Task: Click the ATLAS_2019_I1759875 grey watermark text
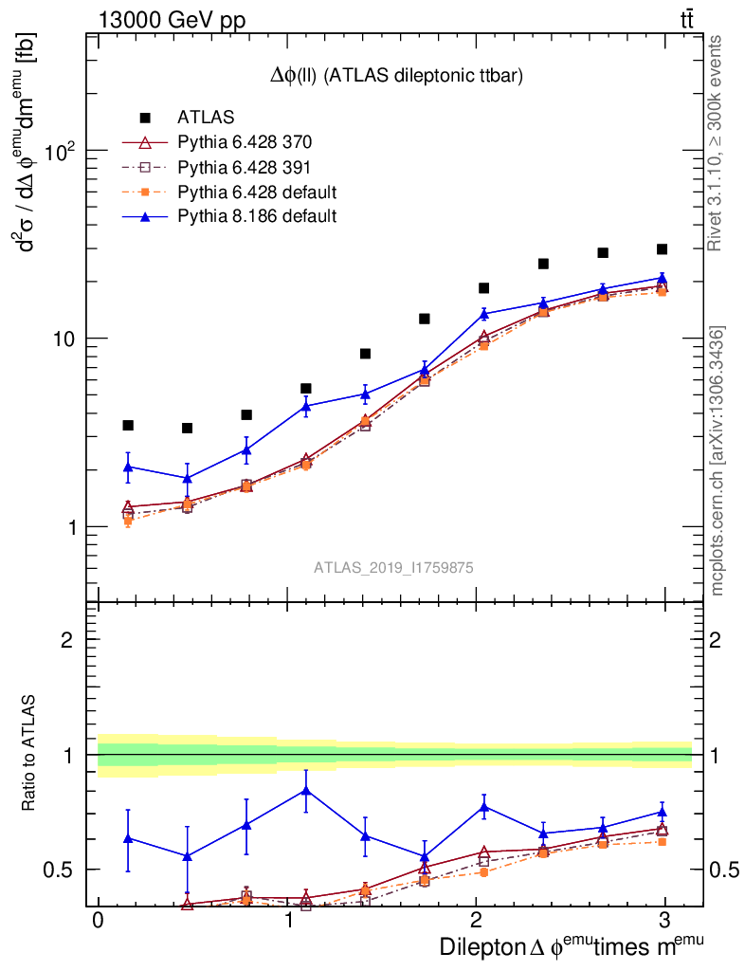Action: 394,568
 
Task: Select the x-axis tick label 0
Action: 98,923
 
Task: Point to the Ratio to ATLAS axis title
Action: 29,755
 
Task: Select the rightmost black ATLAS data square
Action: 663,249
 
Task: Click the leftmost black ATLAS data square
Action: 128,425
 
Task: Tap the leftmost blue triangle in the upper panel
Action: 128,466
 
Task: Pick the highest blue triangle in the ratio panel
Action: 305,789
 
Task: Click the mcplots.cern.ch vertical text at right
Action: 718,461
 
